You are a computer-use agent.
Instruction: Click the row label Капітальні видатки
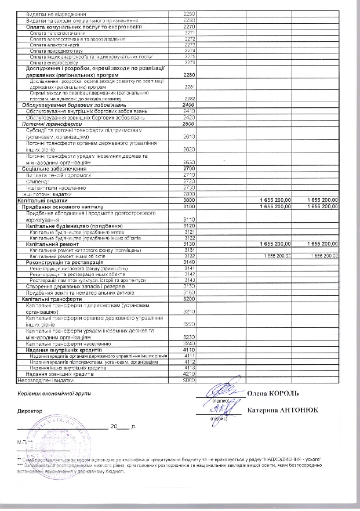[37, 200]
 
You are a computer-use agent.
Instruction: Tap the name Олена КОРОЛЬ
[274, 393]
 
